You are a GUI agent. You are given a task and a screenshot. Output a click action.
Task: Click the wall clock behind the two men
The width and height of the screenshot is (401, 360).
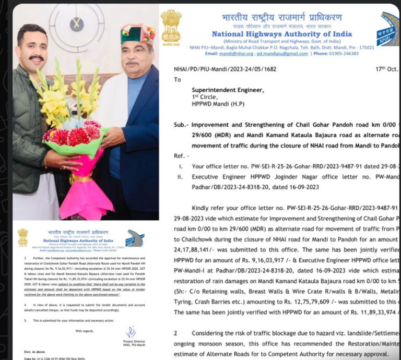pos(77,24)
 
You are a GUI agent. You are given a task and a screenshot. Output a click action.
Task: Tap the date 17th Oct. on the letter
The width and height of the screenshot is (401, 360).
pos(385,69)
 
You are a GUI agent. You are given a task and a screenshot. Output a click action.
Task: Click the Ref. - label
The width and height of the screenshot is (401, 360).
pos(181,156)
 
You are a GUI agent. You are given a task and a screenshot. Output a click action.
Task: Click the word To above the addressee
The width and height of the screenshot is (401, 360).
pos(178,80)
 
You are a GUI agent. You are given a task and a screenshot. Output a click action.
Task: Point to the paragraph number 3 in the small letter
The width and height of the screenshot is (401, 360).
pos(19,258)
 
